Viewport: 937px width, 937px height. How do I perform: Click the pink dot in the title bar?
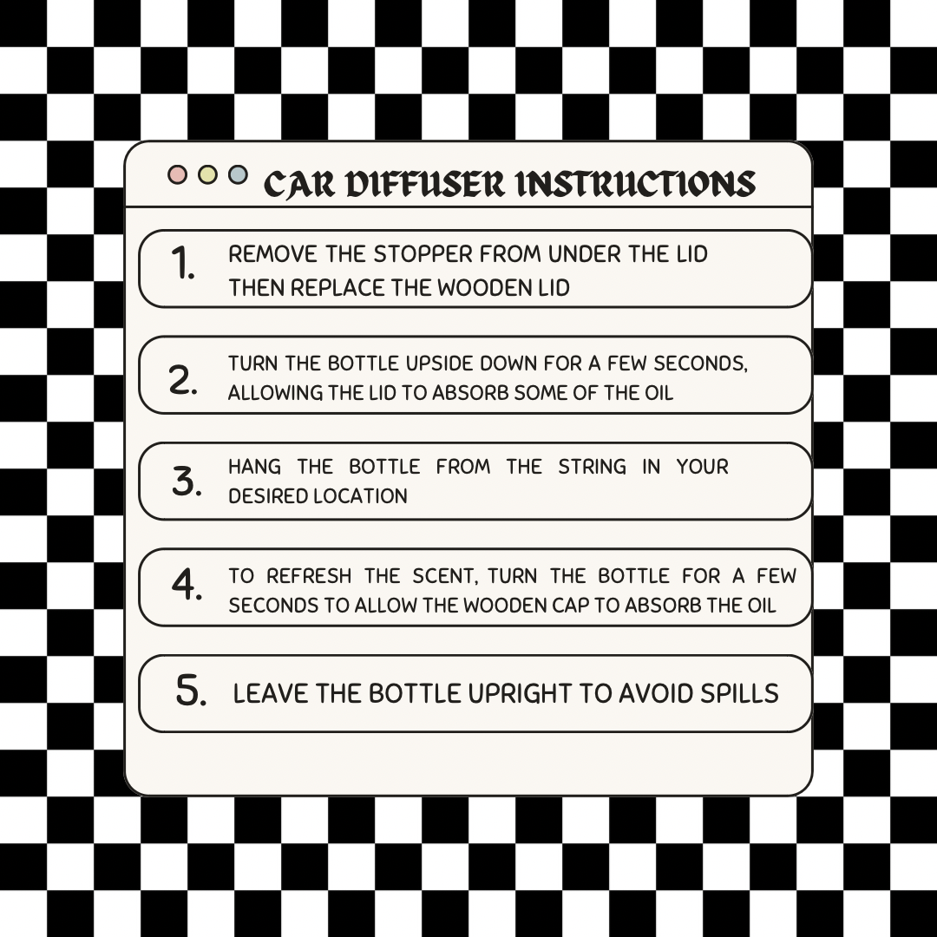pos(178,174)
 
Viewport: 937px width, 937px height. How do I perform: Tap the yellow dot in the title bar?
pos(207,174)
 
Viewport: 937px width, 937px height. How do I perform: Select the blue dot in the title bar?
pos(238,174)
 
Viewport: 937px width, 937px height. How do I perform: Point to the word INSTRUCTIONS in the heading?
pos(635,184)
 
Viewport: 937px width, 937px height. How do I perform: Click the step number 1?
pos(183,264)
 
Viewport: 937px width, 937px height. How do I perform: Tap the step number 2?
pos(183,380)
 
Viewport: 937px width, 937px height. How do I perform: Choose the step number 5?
pos(191,691)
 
